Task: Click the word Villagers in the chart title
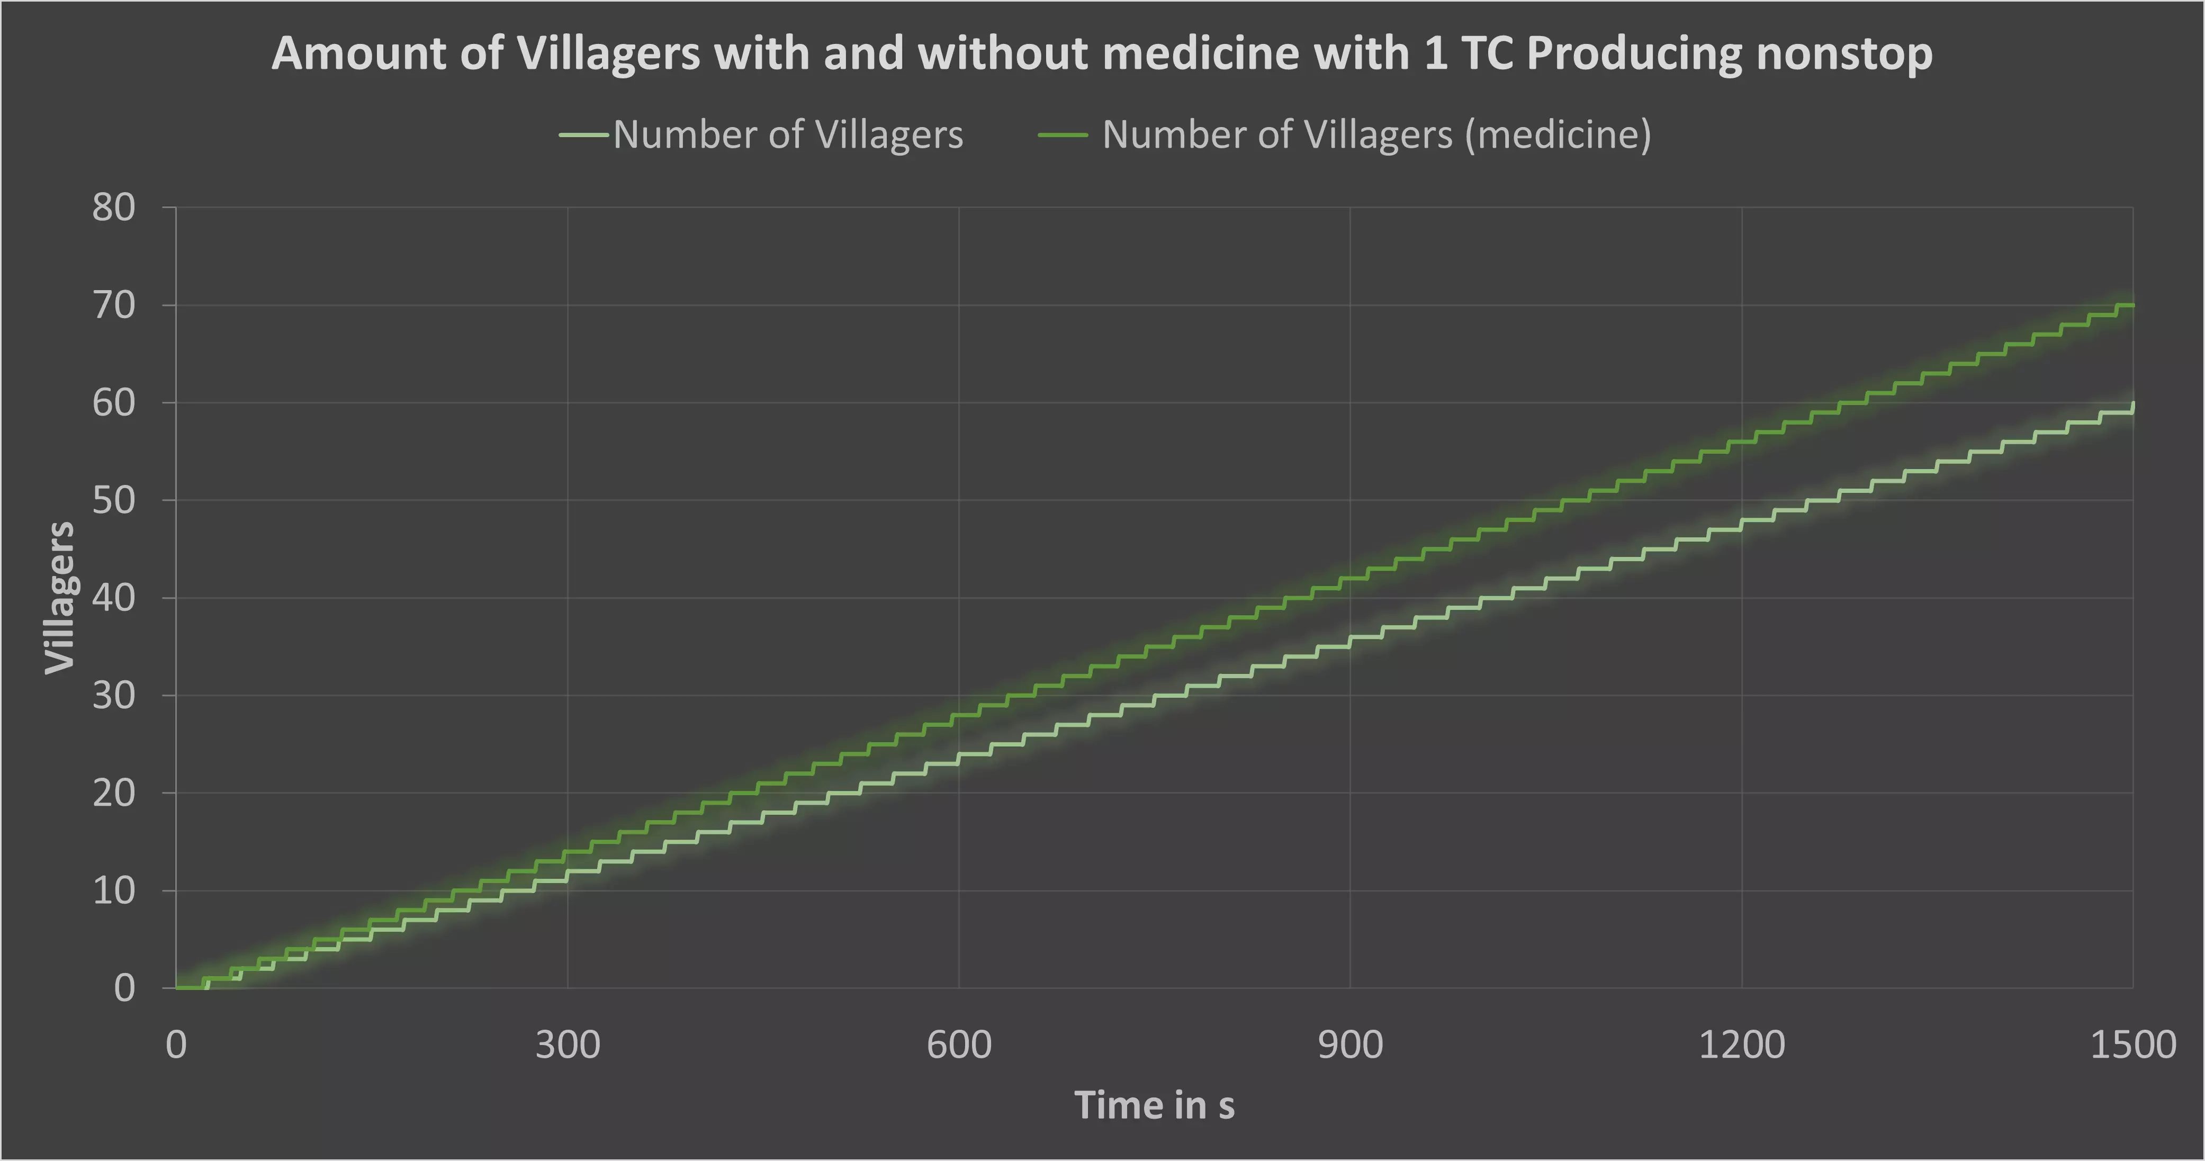click(x=609, y=54)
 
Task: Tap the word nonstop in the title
click(x=1844, y=54)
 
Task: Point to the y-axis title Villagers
click(x=60, y=598)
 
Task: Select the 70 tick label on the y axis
click(x=114, y=305)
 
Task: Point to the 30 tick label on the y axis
click(x=114, y=695)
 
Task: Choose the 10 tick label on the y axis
click(x=114, y=890)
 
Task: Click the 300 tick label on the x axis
click(x=568, y=1045)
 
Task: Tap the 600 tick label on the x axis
click(x=959, y=1045)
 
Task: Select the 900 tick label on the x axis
click(x=1350, y=1045)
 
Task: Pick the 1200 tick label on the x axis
click(x=1741, y=1045)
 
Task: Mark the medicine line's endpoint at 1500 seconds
click(x=2131, y=305)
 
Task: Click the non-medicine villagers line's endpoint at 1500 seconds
click(x=2131, y=404)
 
